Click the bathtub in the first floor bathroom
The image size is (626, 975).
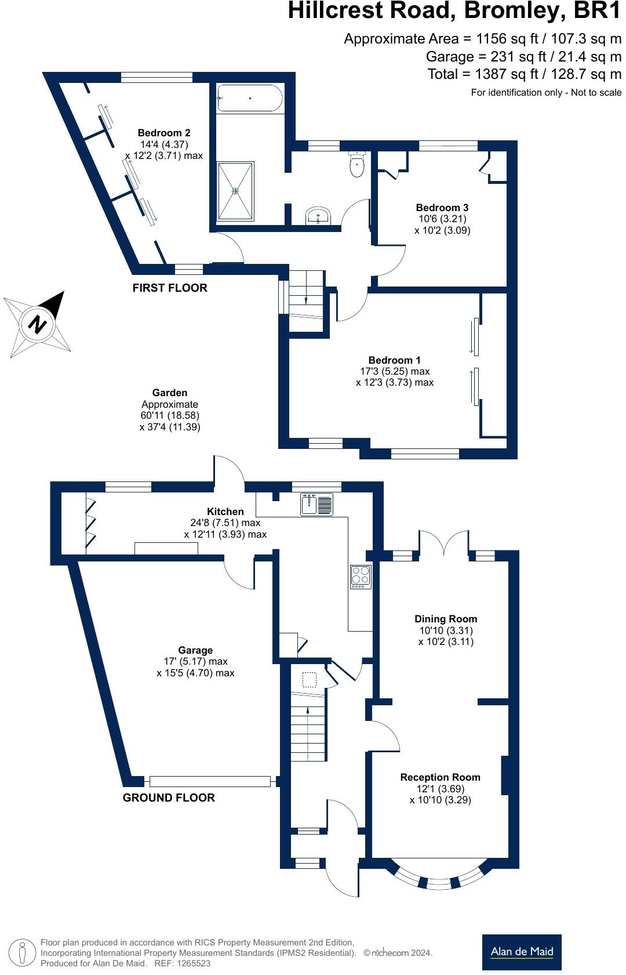(249, 98)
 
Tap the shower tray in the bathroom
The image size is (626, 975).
(235, 191)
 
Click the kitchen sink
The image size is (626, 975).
(316, 505)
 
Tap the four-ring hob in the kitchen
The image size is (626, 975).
(361, 577)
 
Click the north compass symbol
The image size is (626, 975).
(38, 324)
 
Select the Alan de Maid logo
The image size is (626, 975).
(522, 952)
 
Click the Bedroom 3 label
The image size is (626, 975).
(442, 208)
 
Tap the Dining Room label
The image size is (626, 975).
(446, 619)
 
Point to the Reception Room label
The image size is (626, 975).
(441, 777)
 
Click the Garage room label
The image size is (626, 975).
(195, 650)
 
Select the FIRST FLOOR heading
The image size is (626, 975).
(170, 288)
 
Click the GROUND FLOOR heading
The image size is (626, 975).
(169, 798)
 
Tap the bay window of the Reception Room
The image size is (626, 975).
(439, 877)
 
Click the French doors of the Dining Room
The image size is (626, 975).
(443, 544)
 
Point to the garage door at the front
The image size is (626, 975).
(210, 781)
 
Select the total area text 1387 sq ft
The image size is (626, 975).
(524, 74)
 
